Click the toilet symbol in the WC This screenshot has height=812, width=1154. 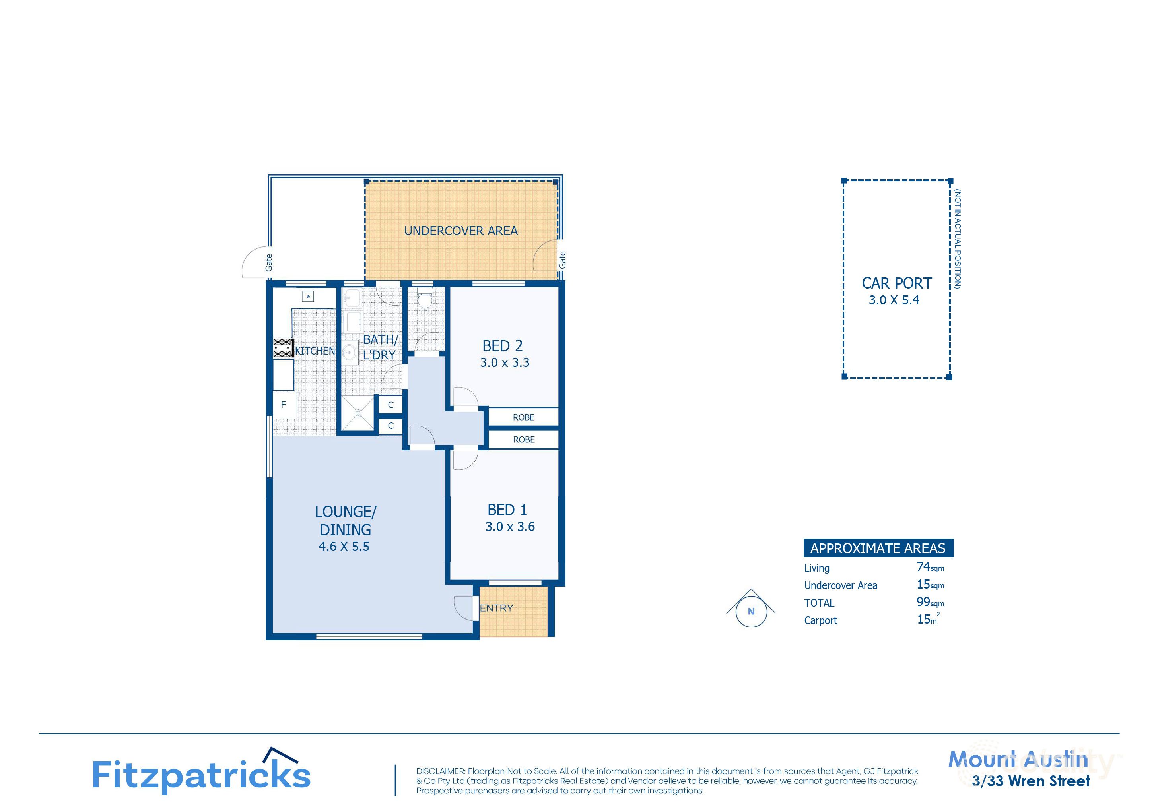(425, 299)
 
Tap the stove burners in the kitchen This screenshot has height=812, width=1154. (282, 348)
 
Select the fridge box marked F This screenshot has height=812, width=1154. (284, 405)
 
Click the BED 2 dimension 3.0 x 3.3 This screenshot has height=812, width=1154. (505, 363)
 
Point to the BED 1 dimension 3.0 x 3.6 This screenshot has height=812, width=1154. (510, 527)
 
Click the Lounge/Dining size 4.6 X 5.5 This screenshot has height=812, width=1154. (344, 547)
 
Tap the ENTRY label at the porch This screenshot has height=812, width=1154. (496, 608)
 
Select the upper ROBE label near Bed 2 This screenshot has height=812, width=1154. (523, 417)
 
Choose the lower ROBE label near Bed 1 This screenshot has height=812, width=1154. (523, 439)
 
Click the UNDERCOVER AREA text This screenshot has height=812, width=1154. (460, 231)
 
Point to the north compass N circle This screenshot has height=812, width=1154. (751, 612)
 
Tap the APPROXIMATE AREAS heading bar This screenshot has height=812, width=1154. (878, 548)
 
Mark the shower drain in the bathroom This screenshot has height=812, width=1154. (358, 413)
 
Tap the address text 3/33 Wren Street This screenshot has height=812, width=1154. (1030, 781)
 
